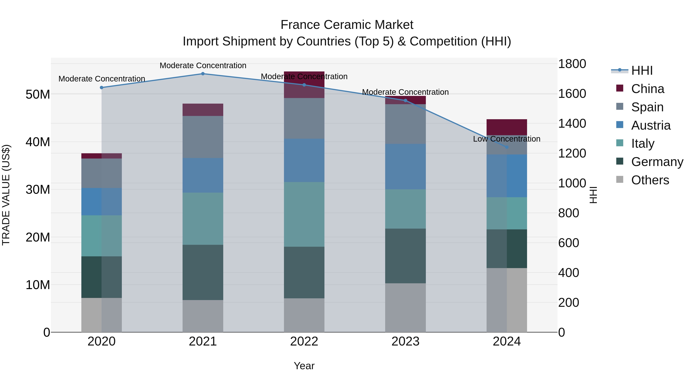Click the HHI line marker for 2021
tap(203, 74)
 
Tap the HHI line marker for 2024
tap(506, 147)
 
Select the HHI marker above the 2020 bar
tap(102, 87)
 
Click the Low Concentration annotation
tap(506, 139)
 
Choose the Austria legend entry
tap(651, 125)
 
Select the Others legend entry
tap(650, 180)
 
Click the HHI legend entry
tap(642, 70)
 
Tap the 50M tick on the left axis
tap(38, 95)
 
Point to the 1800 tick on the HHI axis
tap(572, 64)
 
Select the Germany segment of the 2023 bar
tap(405, 256)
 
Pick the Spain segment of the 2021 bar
tap(203, 137)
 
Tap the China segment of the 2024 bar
tap(506, 127)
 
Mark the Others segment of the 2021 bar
tap(203, 316)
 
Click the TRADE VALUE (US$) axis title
tap(6, 195)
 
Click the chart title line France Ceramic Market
tap(347, 25)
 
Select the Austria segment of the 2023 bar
tap(405, 166)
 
